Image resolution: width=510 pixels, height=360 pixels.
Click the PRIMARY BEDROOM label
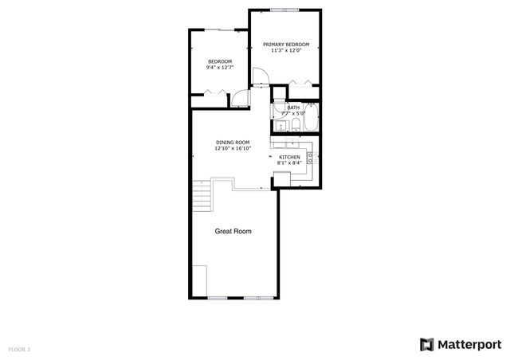tap(286, 45)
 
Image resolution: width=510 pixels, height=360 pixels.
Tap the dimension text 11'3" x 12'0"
tap(286, 51)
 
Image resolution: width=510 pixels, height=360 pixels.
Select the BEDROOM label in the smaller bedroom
tap(220, 61)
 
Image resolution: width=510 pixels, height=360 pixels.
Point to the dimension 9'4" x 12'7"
tap(220, 68)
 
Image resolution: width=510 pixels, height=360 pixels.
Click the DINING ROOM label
tap(233, 142)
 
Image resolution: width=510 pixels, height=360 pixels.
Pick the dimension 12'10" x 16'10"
tap(233, 148)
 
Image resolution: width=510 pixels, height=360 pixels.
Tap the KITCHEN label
tap(289, 157)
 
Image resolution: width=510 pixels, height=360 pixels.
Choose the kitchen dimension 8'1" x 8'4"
tap(289, 163)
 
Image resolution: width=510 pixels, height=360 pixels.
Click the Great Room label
tap(233, 231)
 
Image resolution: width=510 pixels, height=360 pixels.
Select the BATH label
tap(293, 108)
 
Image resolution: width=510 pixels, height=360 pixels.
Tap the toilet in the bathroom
tap(296, 125)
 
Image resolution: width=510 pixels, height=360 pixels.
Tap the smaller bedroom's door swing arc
tap(240, 99)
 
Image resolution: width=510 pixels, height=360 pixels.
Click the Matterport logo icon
tap(427, 344)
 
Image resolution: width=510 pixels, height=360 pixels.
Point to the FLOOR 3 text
tap(19, 349)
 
